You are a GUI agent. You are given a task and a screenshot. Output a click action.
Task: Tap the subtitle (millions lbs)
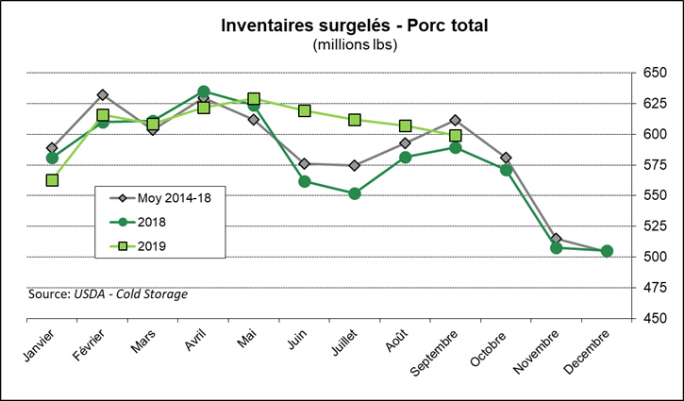[x=341, y=43]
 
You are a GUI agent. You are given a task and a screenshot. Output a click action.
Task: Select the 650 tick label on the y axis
[x=654, y=73]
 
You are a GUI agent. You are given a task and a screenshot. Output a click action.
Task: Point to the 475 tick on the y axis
[x=654, y=288]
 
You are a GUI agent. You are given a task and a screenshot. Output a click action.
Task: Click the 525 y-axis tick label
[x=654, y=226]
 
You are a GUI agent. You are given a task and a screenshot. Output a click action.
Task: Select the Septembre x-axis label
[x=436, y=353]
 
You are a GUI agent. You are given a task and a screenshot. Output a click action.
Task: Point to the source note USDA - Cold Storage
[x=108, y=294]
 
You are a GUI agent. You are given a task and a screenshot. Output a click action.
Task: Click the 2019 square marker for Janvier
[x=53, y=180]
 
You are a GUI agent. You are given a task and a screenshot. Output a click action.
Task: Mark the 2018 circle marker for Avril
[x=204, y=92]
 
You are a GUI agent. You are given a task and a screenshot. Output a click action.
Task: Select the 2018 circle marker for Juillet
[x=355, y=193]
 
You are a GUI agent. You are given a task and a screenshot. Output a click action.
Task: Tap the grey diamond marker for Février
[x=103, y=95]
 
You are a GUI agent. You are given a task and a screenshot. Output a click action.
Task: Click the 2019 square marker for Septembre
[x=456, y=136]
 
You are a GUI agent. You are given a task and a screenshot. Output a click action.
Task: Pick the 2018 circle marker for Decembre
[x=607, y=251]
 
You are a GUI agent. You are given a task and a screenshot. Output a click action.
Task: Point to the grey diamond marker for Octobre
[x=506, y=158]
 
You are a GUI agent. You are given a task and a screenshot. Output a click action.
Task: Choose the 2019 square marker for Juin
[x=305, y=111]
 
